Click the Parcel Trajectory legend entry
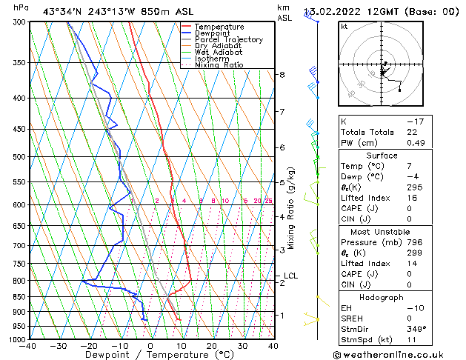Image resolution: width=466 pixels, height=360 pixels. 228,39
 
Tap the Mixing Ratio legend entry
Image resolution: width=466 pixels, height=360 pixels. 219,65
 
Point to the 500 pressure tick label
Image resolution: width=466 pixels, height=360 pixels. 16,157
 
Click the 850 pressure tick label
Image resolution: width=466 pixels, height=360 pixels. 16,296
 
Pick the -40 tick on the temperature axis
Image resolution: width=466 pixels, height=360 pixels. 28,345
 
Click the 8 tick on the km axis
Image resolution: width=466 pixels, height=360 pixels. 282,75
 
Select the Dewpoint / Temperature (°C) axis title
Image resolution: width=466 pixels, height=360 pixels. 150,355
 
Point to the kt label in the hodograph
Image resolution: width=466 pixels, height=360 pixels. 344,27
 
